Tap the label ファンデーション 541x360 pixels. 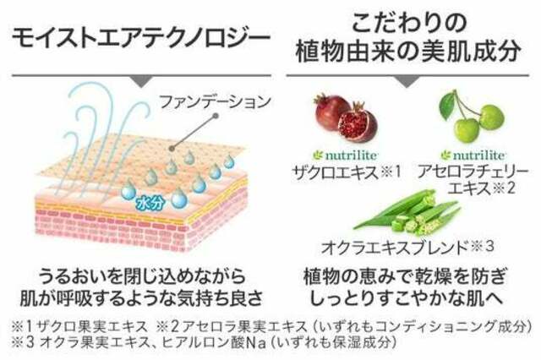(x=216, y=101)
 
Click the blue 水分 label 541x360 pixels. (x=150, y=204)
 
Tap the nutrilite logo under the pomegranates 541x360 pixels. (x=345, y=155)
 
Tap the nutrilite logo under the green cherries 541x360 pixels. (x=473, y=155)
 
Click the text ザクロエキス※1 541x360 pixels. (x=347, y=172)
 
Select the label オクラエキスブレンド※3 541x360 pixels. (x=407, y=247)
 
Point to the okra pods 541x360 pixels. (x=407, y=212)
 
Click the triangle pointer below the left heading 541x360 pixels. (x=142, y=81)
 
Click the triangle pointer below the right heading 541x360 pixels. (x=407, y=81)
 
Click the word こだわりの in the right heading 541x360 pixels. (x=409, y=23)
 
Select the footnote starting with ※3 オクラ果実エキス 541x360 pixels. (x=204, y=342)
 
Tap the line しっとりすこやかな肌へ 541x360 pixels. (x=407, y=298)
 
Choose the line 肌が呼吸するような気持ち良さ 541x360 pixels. (x=141, y=298)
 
